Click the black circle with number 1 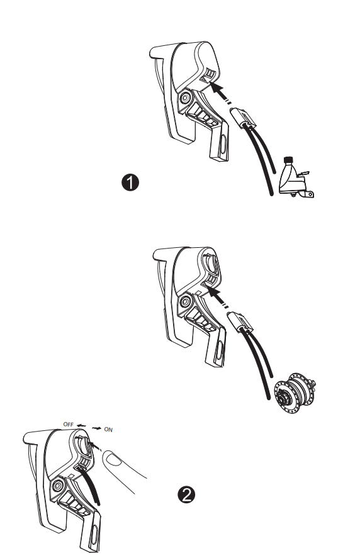point(130,183)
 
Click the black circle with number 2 point(184,494)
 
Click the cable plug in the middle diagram point(242,321)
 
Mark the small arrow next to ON point(97,428)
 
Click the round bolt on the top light point(185,99)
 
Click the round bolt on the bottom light point(57,485)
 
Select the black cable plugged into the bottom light point(94,488)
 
